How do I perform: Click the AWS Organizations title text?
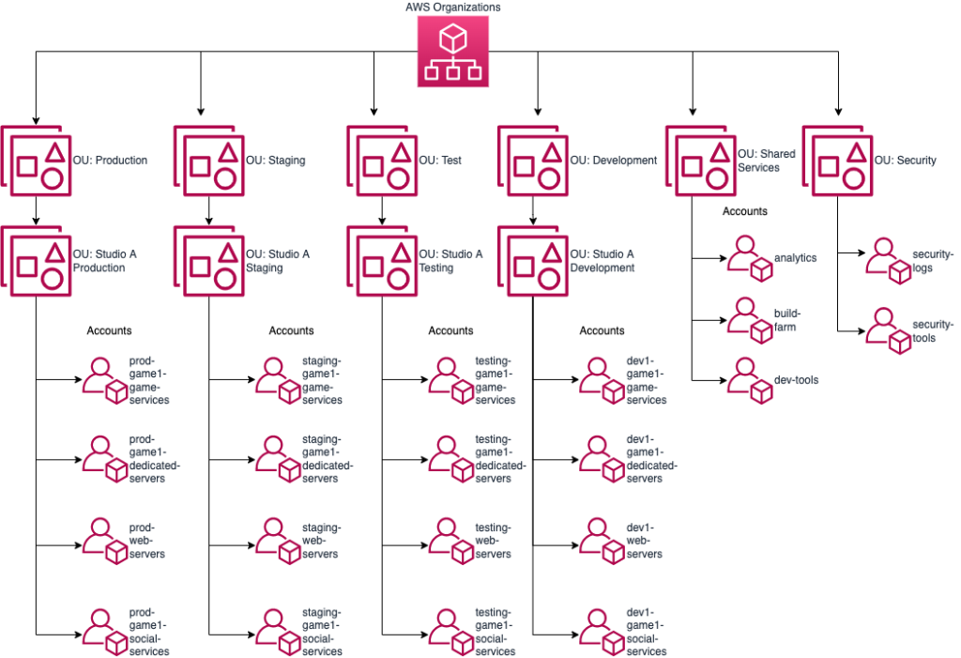click(453, 8)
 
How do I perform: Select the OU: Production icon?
click(36, 161)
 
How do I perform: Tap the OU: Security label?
click(905, 161)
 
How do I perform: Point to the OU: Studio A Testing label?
click(450, 261)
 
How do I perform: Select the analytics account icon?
click(749, 258)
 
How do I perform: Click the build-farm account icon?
click(749, 319)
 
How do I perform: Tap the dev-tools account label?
click(796, 380)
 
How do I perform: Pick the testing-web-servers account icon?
click(452, 541)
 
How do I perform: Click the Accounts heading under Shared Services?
click(744, 211)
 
